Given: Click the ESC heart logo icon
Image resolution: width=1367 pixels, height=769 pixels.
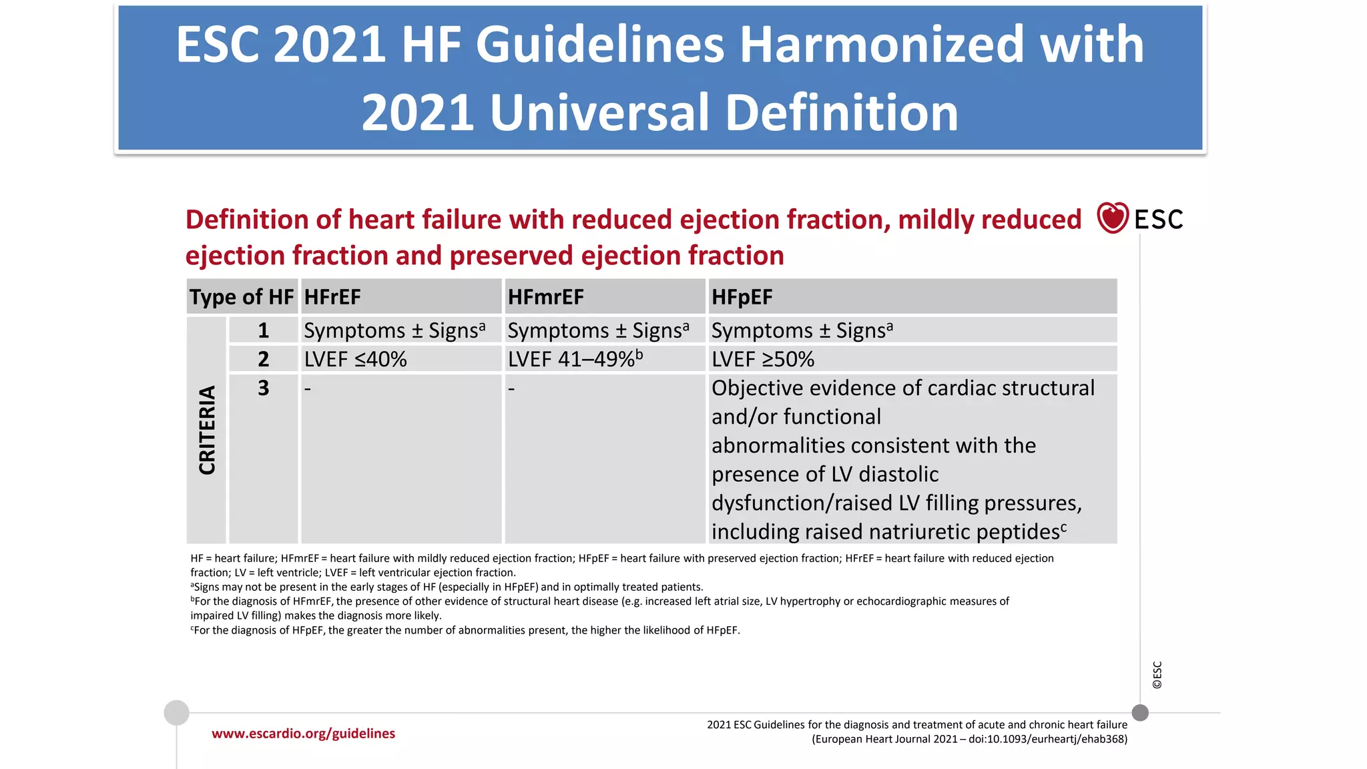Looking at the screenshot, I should tap(1113, 218).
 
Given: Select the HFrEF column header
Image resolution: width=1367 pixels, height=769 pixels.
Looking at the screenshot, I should tap(332, 297).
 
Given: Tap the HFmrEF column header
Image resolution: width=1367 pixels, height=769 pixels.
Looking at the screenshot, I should tap(545, 297).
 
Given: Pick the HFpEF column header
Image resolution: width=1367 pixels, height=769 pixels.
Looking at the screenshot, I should tap(742, 297).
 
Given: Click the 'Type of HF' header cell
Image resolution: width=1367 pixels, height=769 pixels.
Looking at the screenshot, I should tap(242, 297).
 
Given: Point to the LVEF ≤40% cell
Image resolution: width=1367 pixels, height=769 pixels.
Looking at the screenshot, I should tap(355, 359).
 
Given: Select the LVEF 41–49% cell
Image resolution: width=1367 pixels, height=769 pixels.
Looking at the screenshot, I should tap(575, 359).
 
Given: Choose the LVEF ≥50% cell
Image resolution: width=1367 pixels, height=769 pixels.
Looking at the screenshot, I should tap(763, 359).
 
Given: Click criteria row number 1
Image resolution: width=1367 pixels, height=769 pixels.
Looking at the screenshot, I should tap(264, 330).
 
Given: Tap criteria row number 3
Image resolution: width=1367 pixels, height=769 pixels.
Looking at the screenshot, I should tap(264, 388).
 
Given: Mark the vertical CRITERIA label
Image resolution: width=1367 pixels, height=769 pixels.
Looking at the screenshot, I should tap(207, 431).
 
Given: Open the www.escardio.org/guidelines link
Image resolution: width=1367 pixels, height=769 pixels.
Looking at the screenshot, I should tap(303, 734).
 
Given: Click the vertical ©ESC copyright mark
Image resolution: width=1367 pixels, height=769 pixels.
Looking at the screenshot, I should tap(1157, 675).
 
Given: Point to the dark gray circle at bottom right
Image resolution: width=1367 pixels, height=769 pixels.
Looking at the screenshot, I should tap(1140, 713).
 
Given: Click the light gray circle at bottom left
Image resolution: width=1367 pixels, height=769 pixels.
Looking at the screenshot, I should tap(177, 713).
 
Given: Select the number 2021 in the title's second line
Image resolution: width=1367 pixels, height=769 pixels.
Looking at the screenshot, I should tap(418, 113).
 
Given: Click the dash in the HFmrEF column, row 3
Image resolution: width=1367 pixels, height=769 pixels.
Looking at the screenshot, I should tap(511, 389).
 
